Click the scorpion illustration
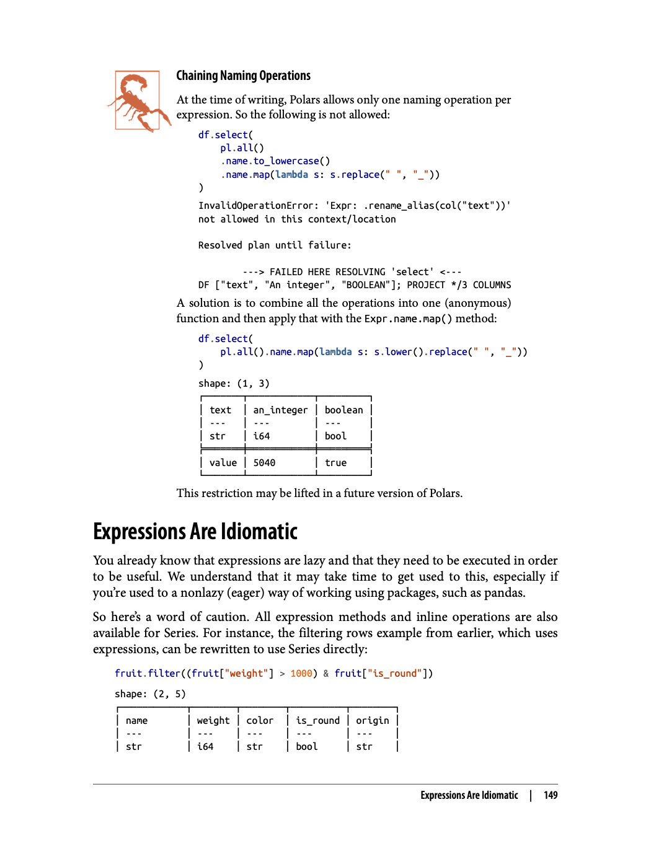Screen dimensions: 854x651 coord(138,101)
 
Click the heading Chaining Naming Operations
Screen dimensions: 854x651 coord(243,76)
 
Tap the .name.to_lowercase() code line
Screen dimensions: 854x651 coord(275,161)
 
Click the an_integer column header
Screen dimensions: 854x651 coord(280,410)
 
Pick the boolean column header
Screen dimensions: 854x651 coord(343,410)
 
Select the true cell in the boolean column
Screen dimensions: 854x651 coord(335,463)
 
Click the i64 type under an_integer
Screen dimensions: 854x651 coord(261,436)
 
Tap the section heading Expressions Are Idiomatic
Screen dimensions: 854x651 coord(195,532)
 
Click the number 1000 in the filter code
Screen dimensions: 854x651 coord(301,674)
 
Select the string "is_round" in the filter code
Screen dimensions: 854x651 coord(394,674)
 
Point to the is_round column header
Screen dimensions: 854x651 coord(317,721)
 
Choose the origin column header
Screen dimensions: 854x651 coord(372,721)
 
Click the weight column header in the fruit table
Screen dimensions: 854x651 coord(213,721)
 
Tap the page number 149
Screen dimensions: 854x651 coord(551,796)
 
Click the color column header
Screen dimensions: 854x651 coord(259,721)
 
